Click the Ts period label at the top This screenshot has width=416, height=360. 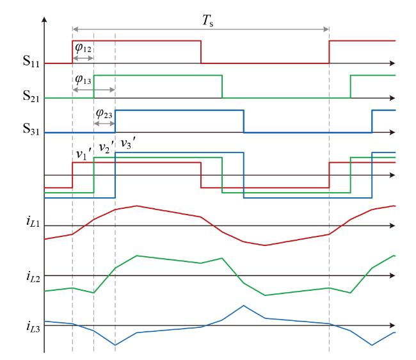coord(208,20)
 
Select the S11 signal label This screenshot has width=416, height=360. coord(31,61)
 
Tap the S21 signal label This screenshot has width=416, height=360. coord(31,96)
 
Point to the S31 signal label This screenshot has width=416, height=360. coord(31,129)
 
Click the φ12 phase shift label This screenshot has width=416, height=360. coord(83,48)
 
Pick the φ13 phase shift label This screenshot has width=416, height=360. coord(83,80)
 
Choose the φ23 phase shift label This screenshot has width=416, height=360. coord(104,114)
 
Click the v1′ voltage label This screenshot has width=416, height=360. coord(84,154)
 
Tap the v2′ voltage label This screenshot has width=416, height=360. coord(107,147)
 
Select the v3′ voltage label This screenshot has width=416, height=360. coord(129,144)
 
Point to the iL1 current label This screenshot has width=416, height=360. coord(33,222)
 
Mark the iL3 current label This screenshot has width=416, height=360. coord(33,326)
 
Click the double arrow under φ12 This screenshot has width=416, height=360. coord(83,58)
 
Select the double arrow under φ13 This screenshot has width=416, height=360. coord(93,90)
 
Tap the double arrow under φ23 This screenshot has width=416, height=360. coord(104,124)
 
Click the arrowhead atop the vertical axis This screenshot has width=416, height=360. coord(45,19)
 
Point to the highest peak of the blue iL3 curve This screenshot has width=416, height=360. coord(244,306)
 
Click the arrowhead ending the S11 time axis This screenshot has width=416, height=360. coord(393,63)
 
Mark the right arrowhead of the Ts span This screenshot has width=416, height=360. coord(326,29)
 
